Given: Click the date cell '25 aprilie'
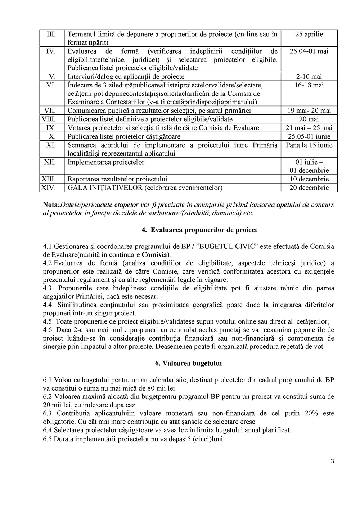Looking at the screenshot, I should click(x=309, y=35).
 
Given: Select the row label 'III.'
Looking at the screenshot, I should click(x=51, y=35).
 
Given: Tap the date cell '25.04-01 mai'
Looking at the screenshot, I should click(x=309, y=51).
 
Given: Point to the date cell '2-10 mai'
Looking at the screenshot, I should click(x=309, y=77).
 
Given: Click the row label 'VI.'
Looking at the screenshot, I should click(x=51, y=85).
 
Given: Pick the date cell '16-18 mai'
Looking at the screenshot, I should click(x=309, y=85).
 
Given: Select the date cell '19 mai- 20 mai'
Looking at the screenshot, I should click(x=309, y=111).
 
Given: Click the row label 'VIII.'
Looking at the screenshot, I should click(x=51, y=119).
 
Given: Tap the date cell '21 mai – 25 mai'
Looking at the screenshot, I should click(x=309, y=128).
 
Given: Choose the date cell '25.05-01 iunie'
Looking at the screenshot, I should click(x=309, y=136).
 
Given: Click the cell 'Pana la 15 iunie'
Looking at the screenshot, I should click(x=309, y=145).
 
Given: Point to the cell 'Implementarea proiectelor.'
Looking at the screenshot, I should click(x=107, y=162).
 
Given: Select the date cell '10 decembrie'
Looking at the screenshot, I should click(x=309, y=179).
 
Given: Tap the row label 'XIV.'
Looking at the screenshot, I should click(x=51, y=188).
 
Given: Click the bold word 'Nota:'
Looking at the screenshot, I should click(x=51, y=205).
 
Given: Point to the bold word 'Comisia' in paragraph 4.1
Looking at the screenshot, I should click(x=153, y=255).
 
